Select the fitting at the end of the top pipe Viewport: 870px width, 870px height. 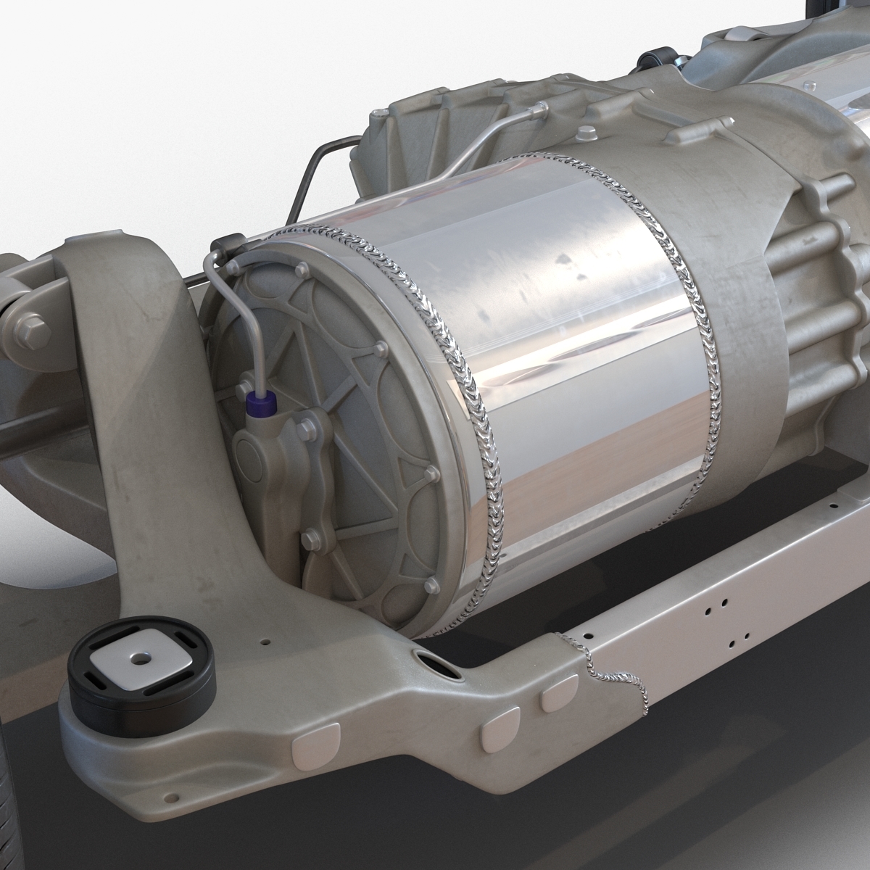(538, 109)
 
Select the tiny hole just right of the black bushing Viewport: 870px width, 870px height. (265, 641)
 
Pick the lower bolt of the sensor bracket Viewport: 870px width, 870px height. (310, 537)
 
